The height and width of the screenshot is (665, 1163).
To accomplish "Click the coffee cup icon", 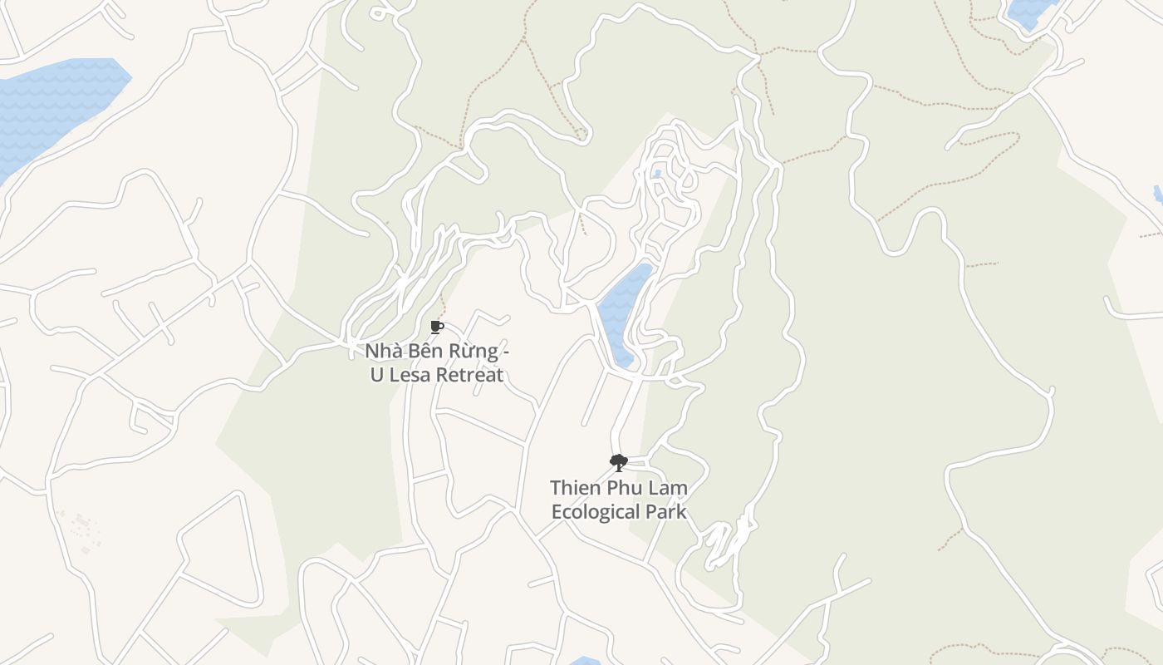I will [x=437, y=327].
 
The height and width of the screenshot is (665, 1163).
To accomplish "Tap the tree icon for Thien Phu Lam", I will [x=618, y=463].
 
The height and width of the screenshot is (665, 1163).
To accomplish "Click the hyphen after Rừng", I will [x=506, y=352].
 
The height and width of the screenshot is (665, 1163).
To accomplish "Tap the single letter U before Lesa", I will [x=377, y=375].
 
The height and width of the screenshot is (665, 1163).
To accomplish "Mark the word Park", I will [x=670, y=511].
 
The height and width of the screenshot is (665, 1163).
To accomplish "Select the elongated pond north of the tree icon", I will [x=623, y=312].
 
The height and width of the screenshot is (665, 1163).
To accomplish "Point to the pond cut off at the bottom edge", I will [x=585, y=661].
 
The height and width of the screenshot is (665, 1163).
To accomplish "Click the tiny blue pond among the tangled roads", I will [x=657, y=174].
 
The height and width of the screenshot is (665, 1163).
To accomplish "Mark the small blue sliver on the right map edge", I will [x=1158, y=195].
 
